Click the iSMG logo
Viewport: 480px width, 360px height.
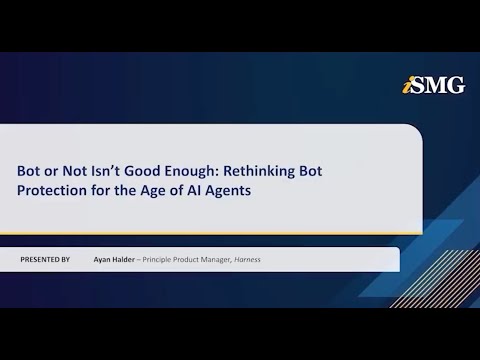[437, 85]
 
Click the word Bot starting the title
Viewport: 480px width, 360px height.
[31, 170]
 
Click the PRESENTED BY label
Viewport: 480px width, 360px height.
[45, 260]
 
